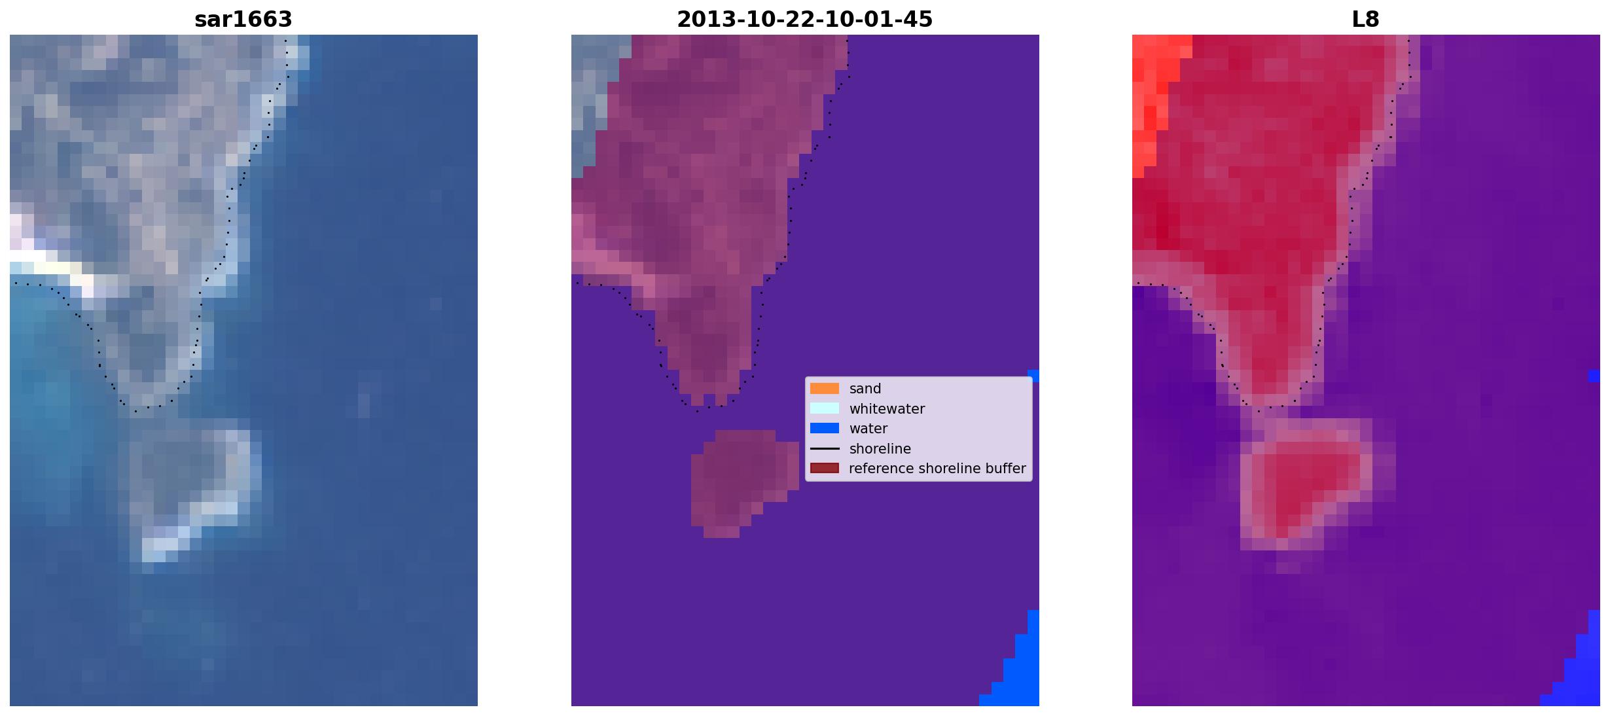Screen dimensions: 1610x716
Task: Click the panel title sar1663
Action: point(243,20)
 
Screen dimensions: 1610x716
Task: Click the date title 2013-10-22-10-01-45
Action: point(804,20)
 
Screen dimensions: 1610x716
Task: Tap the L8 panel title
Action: point(1365,20)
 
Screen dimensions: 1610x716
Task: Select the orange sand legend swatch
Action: point(825,389)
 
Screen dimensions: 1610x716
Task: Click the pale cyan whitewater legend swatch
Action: point(825,408)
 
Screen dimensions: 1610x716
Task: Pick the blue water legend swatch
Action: point(825,429)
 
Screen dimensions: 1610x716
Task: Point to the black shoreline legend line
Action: point(825,449)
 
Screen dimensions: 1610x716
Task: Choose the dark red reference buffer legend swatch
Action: point(825,469)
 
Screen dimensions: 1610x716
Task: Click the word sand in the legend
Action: point(865,389)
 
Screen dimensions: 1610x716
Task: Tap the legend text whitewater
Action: point(887,409)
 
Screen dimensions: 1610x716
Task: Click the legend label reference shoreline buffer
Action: point(937,469)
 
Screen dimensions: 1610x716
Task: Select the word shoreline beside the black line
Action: point(880,449)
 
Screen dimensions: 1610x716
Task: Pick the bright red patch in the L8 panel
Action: point(1158,98)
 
